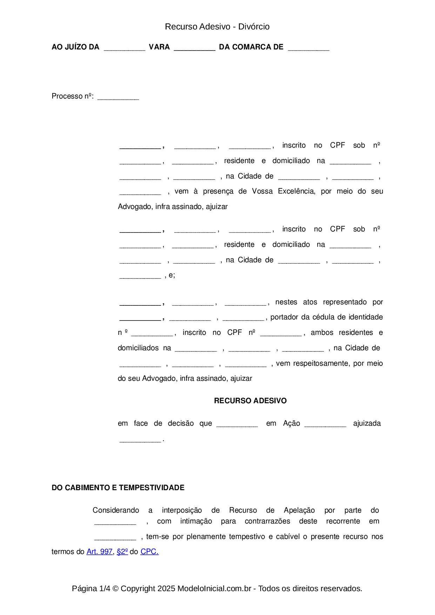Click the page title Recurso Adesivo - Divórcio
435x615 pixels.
point(217,27)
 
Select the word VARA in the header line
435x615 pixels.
point(159,47)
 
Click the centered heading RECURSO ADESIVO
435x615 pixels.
point(250,401)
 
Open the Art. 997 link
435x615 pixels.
point(100,552)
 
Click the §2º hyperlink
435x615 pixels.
point(122,552)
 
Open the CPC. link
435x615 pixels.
point(149,552)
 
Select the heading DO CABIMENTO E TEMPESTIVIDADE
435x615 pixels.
point(118,488)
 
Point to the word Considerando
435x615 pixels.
point(116,510)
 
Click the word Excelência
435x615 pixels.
point(296,191)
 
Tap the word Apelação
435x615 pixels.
point(299,510)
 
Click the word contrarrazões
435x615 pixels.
point(267,521)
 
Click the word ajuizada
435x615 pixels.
point(367,423)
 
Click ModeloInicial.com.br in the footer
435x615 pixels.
point(214,588)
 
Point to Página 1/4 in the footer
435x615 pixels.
point(91,588)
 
